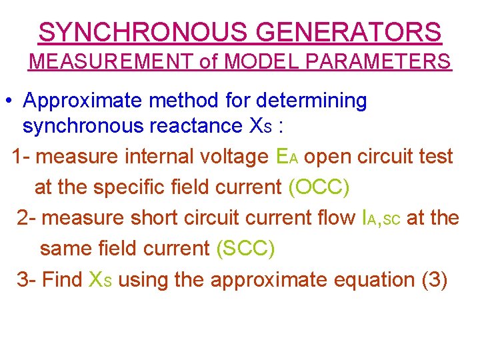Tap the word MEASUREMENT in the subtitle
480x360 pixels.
(113, 62)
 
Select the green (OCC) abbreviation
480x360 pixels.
(319, 187)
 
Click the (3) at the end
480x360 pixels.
(435, 279)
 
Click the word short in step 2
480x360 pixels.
(159, 218)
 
